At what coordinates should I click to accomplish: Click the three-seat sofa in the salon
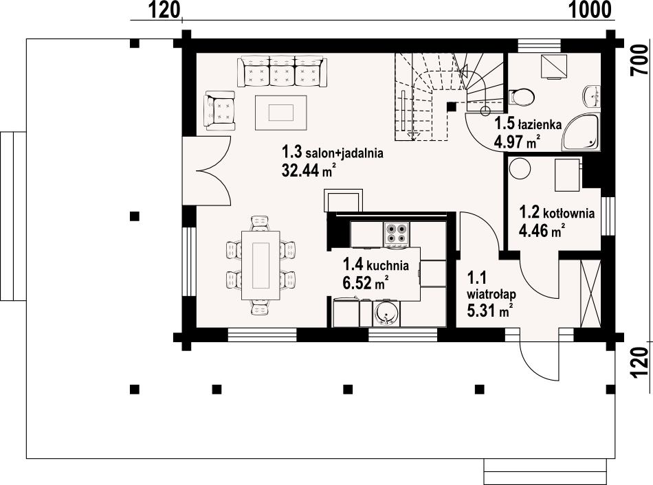point(282,72)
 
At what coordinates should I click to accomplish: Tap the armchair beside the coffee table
point(219,111)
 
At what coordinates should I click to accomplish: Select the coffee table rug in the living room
point(281,113)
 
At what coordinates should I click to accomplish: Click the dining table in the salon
point(261,265)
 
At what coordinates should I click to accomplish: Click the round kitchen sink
point(387,313)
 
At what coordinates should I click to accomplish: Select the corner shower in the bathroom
point(581,132)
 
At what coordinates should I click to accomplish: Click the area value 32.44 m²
point(309,170)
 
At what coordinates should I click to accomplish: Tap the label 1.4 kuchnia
point(375,264)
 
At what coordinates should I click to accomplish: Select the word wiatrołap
point(491,294)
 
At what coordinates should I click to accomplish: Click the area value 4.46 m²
point(542,230)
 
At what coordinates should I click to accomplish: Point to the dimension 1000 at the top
point(590,9)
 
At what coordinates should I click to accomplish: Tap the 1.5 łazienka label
point(528,124)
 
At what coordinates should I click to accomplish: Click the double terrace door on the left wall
point(206,170)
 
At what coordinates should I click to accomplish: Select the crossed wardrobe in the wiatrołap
point(590,293)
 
